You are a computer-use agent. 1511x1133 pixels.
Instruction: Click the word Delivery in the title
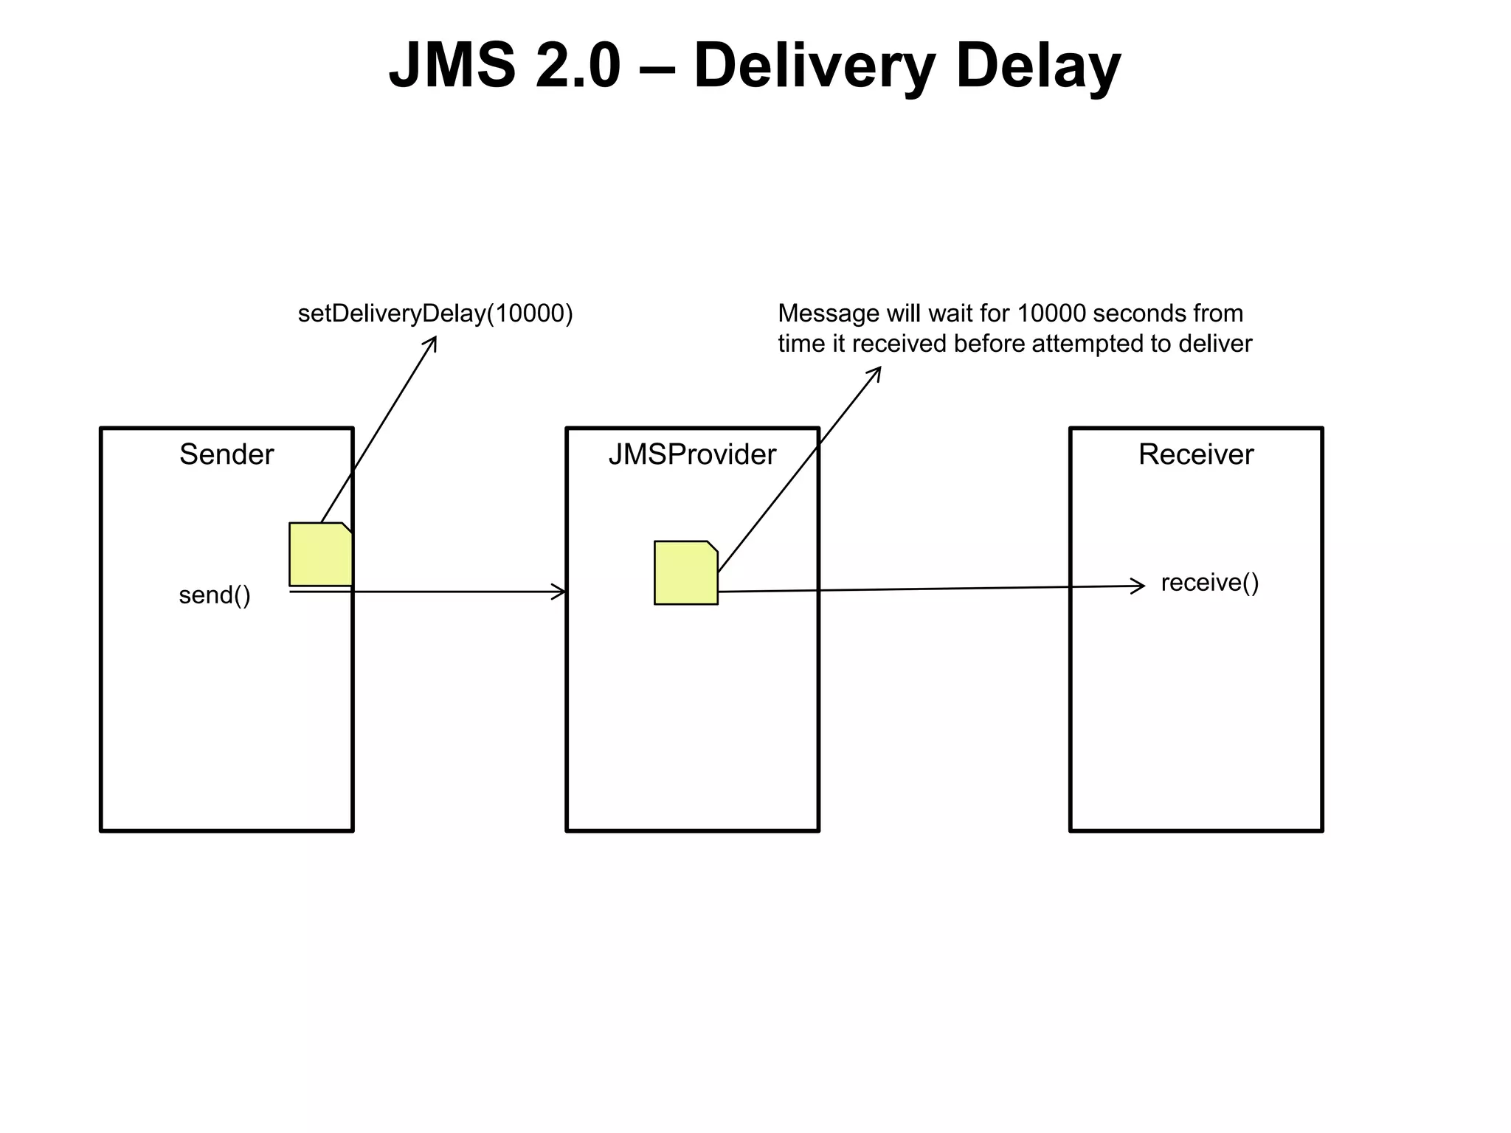tap(815, 66)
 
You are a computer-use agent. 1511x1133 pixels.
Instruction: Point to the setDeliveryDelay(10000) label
tap(435, 313)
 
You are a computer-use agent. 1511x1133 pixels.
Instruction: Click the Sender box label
tap(227, 454)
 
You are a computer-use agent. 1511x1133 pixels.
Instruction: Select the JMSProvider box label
tap(692, 454)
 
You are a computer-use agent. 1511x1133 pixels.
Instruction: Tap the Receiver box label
tap(1195, 454)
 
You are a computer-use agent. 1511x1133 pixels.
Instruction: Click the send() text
tap(215, 595)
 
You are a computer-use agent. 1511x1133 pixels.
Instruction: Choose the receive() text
tap(1210, 583)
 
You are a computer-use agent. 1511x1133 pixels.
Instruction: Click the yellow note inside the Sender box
tap(320, 554)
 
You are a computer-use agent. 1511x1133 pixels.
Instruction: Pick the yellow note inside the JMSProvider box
tap(685, 573)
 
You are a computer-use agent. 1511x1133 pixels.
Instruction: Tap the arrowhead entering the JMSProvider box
tap(561, 592)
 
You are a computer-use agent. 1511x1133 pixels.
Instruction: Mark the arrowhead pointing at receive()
tap(1141, 586)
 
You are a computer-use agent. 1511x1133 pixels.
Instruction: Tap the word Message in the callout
tap(829, 313)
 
